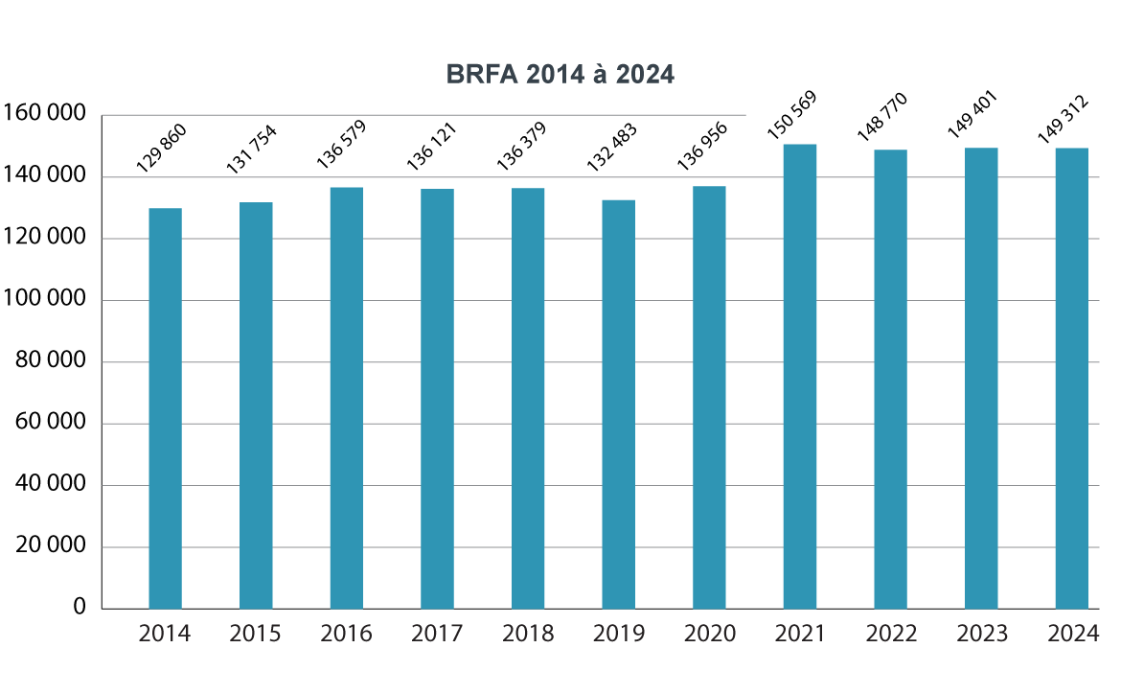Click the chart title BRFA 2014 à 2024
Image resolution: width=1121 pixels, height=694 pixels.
coord(560,75)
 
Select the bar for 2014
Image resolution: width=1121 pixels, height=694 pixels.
coord(165,408)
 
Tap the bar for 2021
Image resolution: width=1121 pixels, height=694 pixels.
coord(800,376)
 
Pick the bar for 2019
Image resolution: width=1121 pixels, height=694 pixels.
coord(619,404)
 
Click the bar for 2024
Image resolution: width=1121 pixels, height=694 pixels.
coord(1072,378)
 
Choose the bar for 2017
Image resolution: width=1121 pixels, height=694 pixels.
coord(437,399)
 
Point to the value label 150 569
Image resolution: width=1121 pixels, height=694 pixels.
coord(791,116)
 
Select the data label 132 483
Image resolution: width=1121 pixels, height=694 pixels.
coord(611,147)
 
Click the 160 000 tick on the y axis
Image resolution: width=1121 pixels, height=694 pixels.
coord(45,114)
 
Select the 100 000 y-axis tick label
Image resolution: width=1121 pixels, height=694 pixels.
coord(45,300)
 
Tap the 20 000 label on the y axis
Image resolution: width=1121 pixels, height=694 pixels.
coord(50,546)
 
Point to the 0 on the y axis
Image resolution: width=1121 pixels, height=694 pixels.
coord(80,608)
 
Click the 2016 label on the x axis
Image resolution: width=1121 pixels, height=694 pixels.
coord(347,635)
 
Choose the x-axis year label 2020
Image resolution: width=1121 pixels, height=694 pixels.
coord(710,635)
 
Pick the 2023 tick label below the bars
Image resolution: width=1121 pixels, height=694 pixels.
coord(982,635)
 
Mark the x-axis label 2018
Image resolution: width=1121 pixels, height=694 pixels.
coord(528,635)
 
